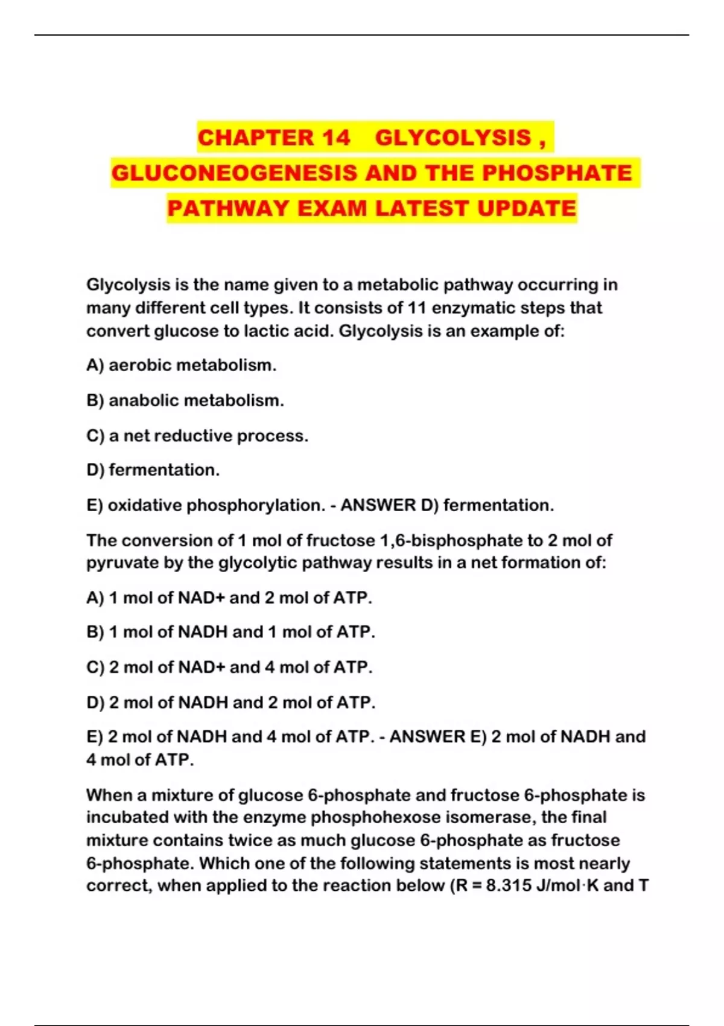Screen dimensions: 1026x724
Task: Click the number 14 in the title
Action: tap(335, 138)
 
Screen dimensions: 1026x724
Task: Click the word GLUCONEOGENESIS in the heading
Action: tap(235, 173)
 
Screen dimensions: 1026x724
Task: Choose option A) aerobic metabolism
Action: tap(181, 365)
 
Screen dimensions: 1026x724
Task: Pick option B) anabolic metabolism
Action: tap(185, 400)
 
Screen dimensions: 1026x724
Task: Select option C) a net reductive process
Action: tap(197, 436)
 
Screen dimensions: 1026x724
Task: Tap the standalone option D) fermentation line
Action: tap(153, 470)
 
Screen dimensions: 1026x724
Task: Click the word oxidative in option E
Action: tap(144, 505)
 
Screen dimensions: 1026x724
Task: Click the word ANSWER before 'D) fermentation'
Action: tap(378, 505)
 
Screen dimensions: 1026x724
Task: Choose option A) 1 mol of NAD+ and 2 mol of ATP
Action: tap(229, 597)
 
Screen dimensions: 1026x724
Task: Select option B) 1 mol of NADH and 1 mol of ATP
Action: tap(230, 632)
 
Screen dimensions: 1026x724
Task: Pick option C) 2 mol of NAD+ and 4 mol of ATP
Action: tap(229, 667)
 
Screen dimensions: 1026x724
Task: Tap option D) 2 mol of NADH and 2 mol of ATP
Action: tap(230, 703)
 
